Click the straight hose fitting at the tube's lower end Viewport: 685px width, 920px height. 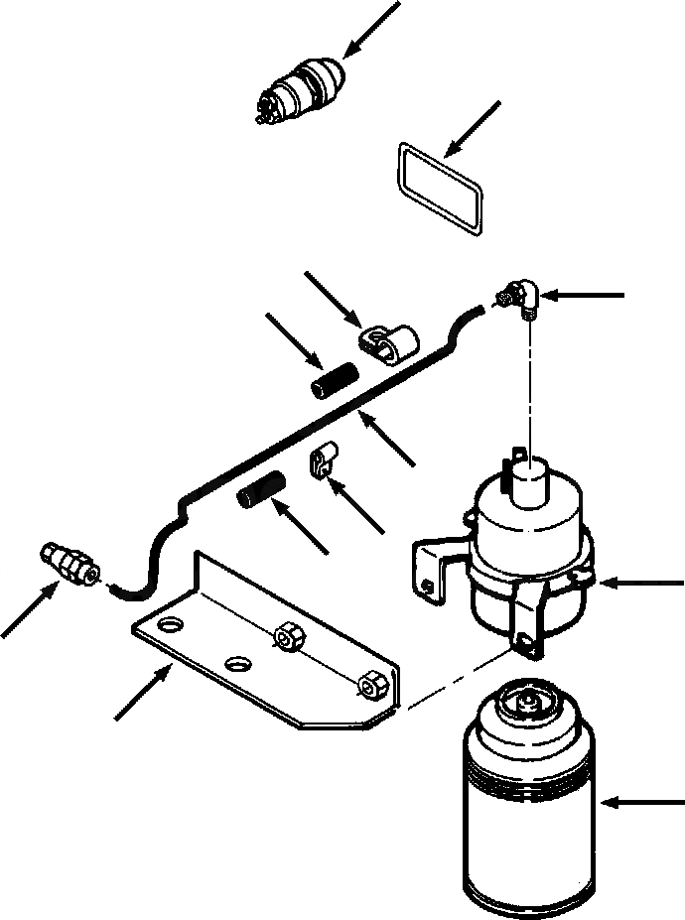tap(68, 563)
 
